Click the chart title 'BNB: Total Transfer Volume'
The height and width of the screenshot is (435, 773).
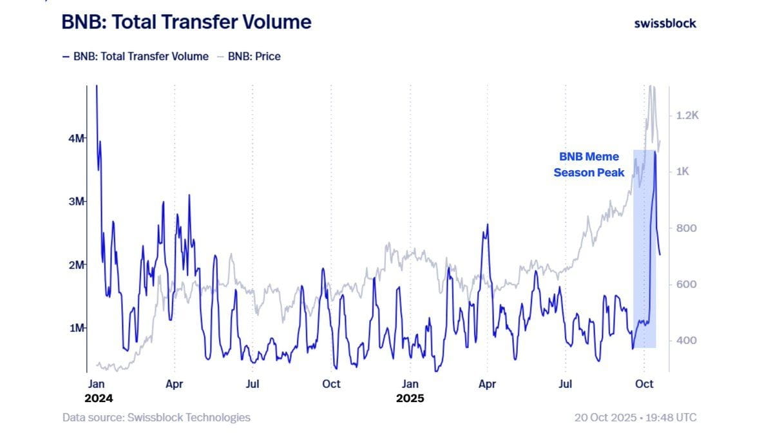(x=186, y=23)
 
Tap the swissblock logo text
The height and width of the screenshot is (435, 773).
(x=665, y=23)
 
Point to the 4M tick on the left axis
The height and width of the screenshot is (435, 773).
(x=77, y=139)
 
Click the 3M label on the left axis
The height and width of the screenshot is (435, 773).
(x=77, y=202)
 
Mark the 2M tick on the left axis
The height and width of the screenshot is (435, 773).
(x=77, y=265)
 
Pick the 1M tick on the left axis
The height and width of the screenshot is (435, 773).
(x=77, y=328)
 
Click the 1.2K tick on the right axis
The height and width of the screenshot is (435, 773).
(x=687, y=115)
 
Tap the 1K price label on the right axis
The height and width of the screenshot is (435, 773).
(x=683, y=172)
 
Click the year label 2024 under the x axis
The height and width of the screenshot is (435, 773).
(x=98, y=398)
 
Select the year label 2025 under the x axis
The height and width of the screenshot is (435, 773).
(x=410, y=398)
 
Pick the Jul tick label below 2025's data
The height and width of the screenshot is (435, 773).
(x=566, y=384)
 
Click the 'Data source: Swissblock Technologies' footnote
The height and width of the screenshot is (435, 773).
(x=157, y=418)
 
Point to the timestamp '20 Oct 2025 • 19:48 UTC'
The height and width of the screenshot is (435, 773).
(x=635, y=418)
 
